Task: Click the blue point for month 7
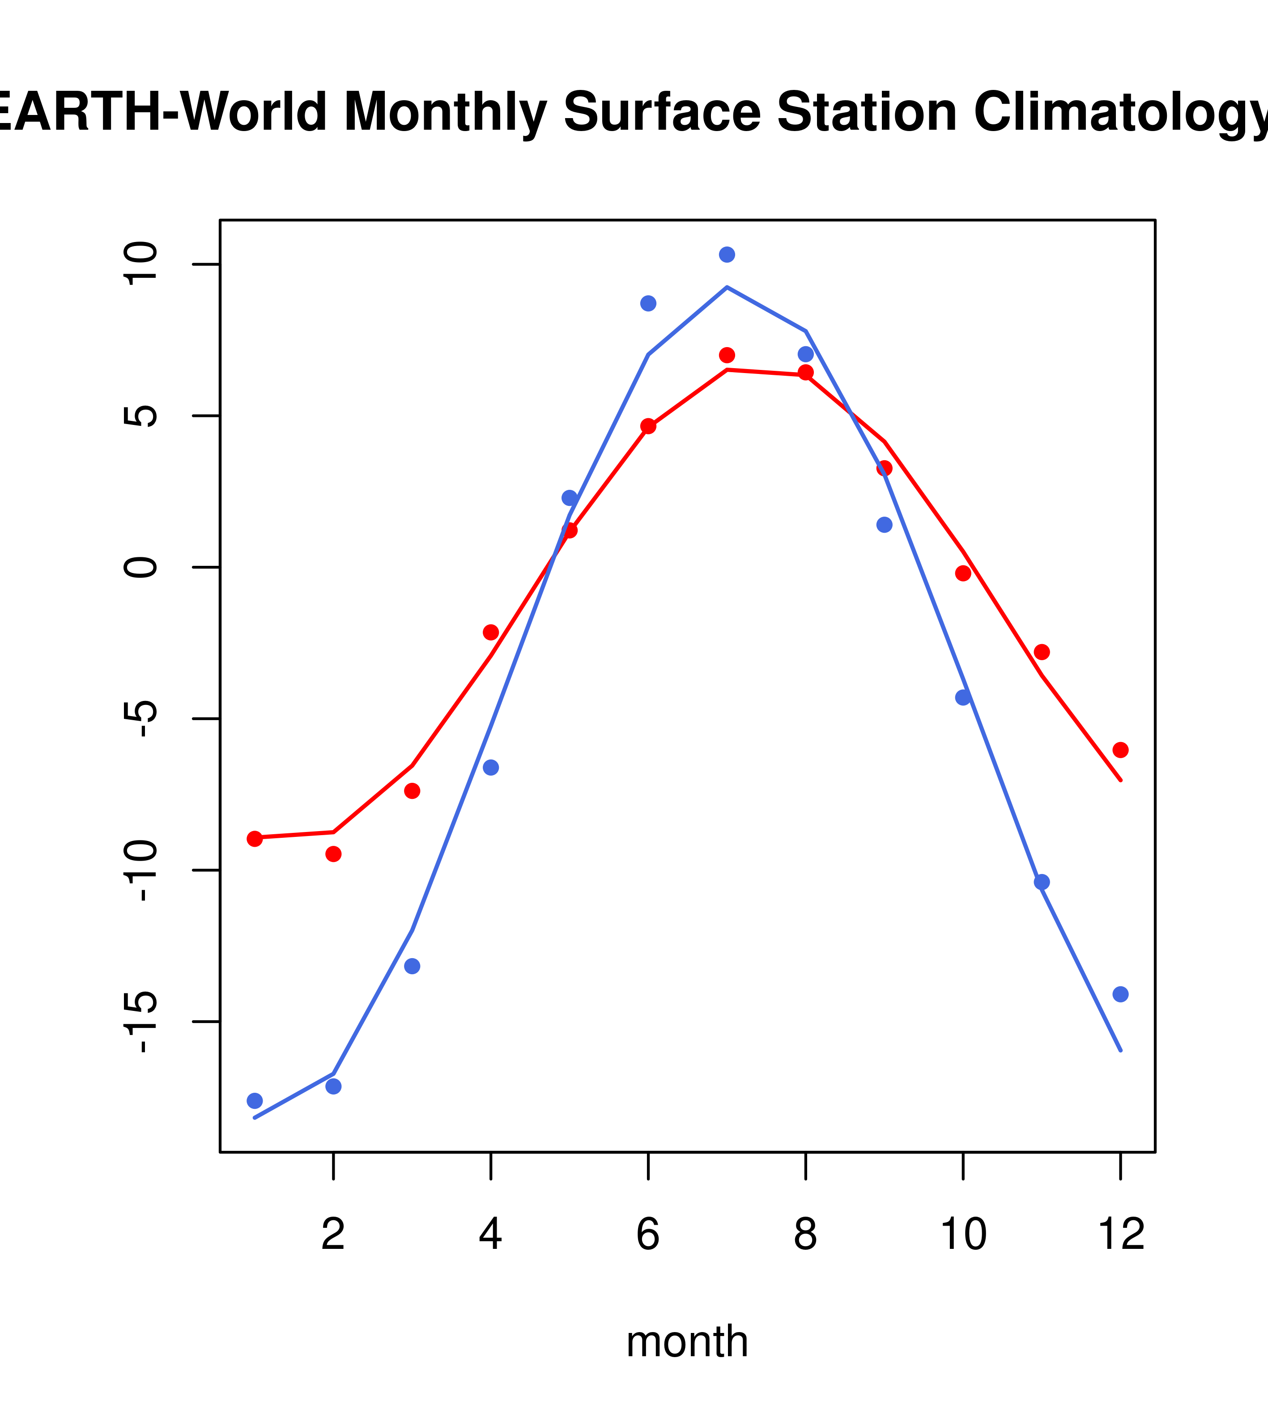click(727, 255)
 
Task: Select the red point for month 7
click(727, 355)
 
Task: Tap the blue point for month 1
click(255, 1101)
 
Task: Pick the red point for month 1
click(255, 839)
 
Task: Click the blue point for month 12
click(1120, 994)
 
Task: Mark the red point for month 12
click(1120, 750)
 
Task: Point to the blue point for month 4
click(490, 768)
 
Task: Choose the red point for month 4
click(490, 632)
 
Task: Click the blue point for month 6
click(648, 303)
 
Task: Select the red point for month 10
click(963, 573)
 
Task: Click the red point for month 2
click(334, 854)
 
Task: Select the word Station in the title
click(866, 112)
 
